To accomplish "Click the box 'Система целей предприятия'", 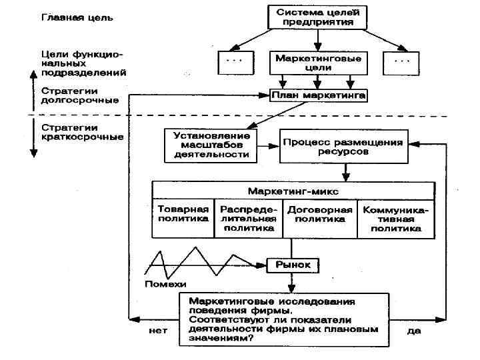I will (x=318, y=17).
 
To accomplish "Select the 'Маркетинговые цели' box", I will (x=318, y=63).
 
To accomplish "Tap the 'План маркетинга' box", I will (x=318, y=96).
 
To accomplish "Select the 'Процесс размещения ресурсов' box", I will (x=343, y=147).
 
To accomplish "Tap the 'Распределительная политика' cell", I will (x=249, y=218).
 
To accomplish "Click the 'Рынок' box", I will (x=293, y=265).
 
